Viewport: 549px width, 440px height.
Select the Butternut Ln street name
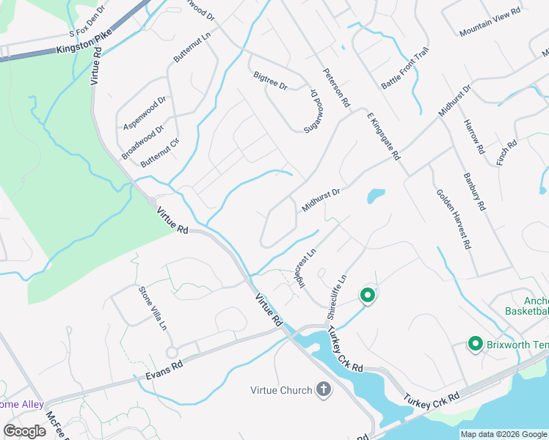(186, 47)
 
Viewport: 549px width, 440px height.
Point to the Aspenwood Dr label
(145, 111)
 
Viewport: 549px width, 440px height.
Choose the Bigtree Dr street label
(269, 80)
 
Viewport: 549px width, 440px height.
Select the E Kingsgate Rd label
(382, 135)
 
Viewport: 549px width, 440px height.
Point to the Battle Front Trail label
(404, 69)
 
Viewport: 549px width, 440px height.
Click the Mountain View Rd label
(490, 23)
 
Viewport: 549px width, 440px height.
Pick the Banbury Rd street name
(474, 191)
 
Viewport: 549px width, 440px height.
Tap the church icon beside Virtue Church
(324, 389)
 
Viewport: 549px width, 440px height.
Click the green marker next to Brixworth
(475, 344)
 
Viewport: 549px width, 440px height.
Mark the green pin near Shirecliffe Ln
(368, 296)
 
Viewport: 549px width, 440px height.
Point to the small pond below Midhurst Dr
(376, 196)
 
